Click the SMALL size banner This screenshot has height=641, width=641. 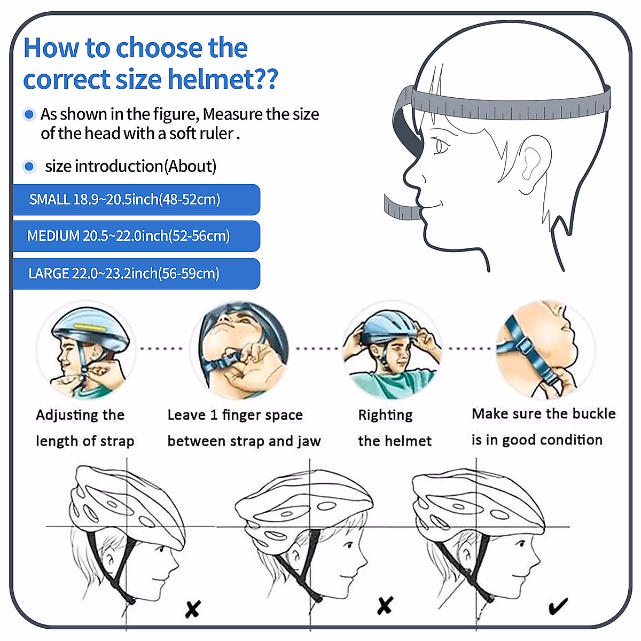click(x=136, y=200)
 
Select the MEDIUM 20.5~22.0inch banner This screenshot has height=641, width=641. click(x=136, y=236)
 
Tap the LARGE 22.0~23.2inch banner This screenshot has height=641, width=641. click(x=136, y=273)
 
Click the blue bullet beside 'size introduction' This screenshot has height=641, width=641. click(x=29, y=166)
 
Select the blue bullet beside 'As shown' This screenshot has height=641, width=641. click(x=29, y=114)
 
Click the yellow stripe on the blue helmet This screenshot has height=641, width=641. click(x=90, y=327)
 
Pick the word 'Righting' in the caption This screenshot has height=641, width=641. click(x=385, y=416)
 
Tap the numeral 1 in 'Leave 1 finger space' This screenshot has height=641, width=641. click(x=214, y=415)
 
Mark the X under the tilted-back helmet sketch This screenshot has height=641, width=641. click(x=193, y=609)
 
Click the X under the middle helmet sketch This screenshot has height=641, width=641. click(x=385, y=605)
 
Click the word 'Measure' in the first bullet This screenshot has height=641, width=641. click(x=233, y=114)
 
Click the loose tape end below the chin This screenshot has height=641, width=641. click(x=401, y=208)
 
